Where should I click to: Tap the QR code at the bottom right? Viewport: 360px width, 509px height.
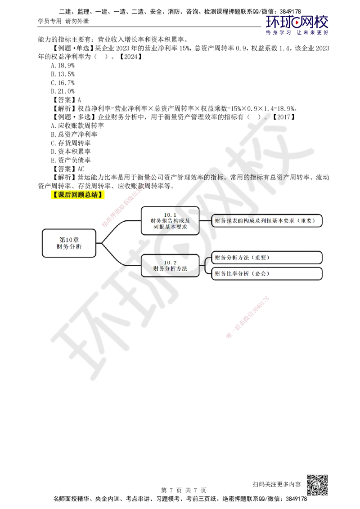317,485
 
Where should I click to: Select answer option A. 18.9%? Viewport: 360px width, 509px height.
63,66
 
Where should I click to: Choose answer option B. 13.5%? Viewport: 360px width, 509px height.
63,74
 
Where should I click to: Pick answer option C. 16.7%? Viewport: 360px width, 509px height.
63,83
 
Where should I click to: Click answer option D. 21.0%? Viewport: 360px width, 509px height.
63,91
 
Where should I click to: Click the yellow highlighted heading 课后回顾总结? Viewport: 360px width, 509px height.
78,195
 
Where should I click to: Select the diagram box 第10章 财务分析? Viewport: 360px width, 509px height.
69,243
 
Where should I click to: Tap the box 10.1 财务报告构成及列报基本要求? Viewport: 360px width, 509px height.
170,221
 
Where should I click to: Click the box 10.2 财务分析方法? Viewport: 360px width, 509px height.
170,266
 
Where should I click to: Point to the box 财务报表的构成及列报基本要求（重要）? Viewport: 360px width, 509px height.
267,221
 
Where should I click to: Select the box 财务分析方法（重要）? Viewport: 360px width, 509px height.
267,257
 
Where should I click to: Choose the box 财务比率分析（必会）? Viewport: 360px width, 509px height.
267,274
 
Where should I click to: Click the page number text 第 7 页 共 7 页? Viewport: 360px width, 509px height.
184,490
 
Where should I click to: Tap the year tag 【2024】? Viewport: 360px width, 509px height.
130,57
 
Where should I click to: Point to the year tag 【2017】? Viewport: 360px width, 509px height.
283,117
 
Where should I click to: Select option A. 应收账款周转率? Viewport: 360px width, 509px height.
77,125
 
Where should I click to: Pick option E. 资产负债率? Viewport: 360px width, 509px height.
71,160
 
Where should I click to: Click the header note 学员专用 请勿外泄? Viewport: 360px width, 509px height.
63,21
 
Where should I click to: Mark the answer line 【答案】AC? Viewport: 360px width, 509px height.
68,169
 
